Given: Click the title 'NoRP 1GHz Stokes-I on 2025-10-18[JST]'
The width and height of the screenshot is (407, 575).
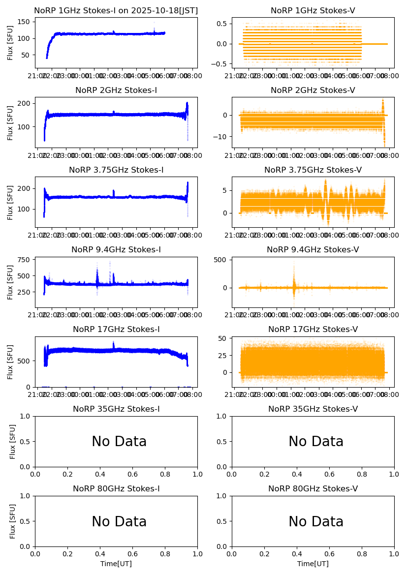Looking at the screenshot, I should coord(116,11).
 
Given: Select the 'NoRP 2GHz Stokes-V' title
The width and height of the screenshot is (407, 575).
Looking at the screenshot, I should coord(313,91).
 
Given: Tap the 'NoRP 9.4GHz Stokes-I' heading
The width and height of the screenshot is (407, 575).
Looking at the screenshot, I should coord(116,250).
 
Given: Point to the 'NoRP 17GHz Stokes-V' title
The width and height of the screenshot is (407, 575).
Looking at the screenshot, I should coord(313,330).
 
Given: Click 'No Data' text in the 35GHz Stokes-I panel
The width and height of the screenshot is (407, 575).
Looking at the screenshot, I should coord(119,442).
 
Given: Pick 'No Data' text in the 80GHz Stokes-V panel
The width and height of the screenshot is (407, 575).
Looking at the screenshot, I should coord(316,521).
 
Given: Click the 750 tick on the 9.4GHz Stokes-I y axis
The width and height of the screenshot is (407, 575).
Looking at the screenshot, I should coord(27,260).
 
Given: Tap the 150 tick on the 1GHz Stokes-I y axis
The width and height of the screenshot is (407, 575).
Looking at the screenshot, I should coord(26,22).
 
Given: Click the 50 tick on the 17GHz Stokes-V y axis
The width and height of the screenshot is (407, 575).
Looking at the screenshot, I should coord(224,338).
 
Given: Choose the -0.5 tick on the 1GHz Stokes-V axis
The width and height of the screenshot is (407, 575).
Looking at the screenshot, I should coord(220,64).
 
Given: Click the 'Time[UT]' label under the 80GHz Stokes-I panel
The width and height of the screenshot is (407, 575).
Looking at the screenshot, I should coord(116,564).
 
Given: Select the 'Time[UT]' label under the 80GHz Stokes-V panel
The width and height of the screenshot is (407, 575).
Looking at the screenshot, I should coord(313,564).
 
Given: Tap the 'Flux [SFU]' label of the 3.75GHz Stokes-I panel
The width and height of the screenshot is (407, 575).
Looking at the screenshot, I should coord(10,202).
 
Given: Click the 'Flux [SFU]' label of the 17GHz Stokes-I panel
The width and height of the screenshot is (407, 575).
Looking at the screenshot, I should coord(10,362).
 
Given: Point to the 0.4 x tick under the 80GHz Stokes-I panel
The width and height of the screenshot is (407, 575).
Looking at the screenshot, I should coord(100,554).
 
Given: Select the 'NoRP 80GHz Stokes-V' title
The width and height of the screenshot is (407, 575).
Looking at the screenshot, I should coord(313,489).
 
